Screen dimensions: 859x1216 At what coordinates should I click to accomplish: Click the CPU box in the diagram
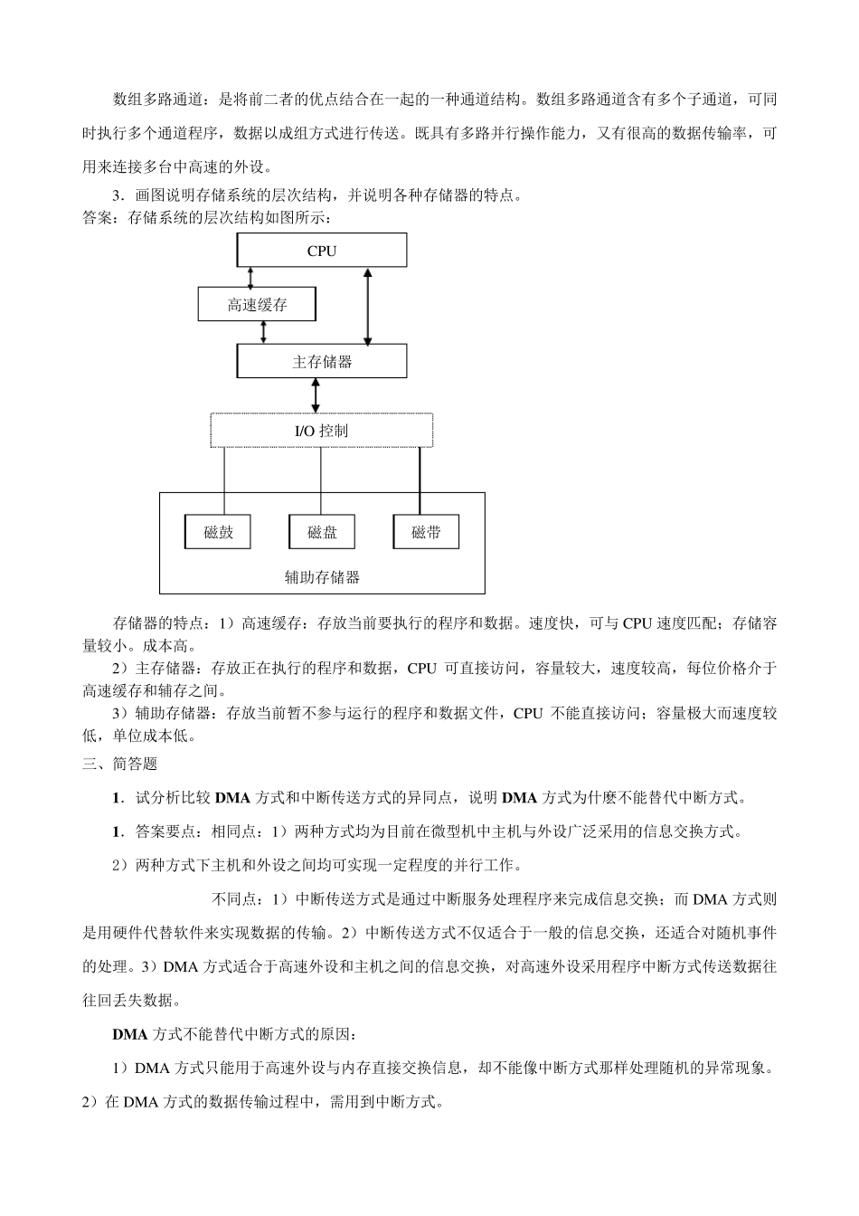pyautogui.click(x=321, y=251)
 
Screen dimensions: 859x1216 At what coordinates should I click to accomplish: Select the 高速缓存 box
pyautogui.click(x=257, y=305)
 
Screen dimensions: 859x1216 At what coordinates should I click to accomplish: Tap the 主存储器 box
pyautogui.click(x=321, y=362)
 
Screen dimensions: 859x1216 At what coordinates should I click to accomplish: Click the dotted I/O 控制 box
pyautogui.click(x=321, y=431)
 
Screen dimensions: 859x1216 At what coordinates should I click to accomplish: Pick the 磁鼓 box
pyautogui.click(x=218, y=532)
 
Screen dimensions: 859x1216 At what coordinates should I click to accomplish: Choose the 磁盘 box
pyautogui.click(x=322, y=532)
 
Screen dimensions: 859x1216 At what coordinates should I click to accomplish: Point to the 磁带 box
pyautogui.click(x=426, y=532)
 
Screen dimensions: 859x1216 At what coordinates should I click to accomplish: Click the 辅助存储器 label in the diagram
pyautogui.click(x=322, y=576)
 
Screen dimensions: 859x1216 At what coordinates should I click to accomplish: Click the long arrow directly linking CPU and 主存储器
pyautogui.click(x=367, y=306)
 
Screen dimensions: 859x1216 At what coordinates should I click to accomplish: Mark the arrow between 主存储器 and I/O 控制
pyautogui.click(x=316, y=395)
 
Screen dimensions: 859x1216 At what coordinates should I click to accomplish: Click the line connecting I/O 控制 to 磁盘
pyautogui.click(x=321, y=480)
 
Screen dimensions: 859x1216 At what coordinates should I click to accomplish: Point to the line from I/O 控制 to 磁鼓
pyautogui.click(x=224, y=480)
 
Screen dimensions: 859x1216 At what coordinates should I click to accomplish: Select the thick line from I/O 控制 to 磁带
pyautogui.click(x=420, y=480)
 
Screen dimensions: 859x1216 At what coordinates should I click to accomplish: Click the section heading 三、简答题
pyautogui.click(x=119, y=765)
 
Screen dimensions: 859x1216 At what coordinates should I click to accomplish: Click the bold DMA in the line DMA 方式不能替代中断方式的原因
pyautogui.click(x=128, y=1033)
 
